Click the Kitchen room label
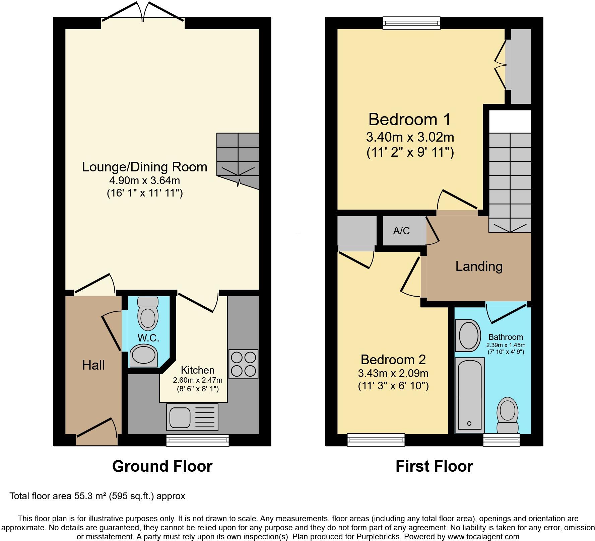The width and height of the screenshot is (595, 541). pos(197,370)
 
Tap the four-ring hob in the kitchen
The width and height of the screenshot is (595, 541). pos(243,364)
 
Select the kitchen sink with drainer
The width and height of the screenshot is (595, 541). pos(192,417)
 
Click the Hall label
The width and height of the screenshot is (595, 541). pos(93,365)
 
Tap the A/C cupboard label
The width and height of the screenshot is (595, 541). pos(401,231)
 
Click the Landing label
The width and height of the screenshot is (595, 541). pos(479,266)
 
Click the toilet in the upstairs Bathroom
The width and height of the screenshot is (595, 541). pos(507,415)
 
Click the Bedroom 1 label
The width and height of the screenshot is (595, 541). pos(409,119)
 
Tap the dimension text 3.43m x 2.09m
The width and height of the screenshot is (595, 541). pos(393,373)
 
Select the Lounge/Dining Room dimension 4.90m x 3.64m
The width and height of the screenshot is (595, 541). pos(144,180)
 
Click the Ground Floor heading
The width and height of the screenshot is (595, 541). pos(162,466)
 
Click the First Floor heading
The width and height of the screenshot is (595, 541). pos(434,466)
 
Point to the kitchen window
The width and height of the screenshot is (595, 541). pos(198,441)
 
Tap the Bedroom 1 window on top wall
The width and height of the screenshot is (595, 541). pos(411,23)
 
